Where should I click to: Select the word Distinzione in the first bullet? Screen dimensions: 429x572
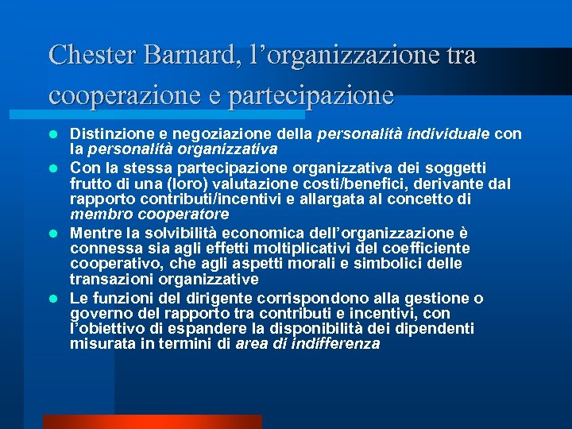(x=107, y=134)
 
